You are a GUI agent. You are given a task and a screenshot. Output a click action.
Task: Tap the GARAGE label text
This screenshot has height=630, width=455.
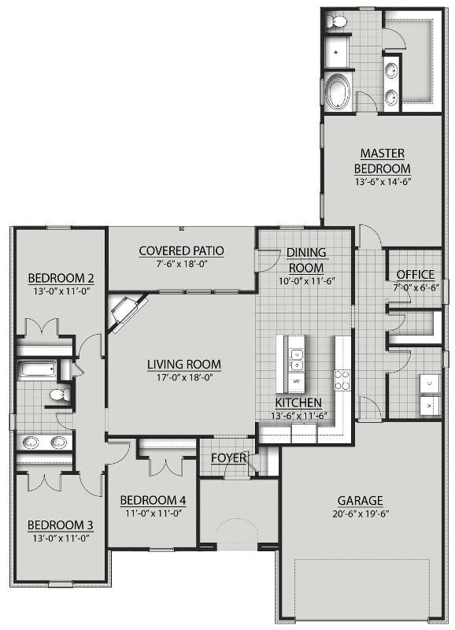(x=361, y=500)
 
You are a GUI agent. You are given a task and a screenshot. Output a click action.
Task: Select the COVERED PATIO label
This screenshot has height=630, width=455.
(x=181, y=251)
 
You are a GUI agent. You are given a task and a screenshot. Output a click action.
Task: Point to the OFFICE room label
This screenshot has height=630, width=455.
(x=415, y=274)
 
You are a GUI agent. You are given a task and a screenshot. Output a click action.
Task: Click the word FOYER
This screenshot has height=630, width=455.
(x=228, y=458)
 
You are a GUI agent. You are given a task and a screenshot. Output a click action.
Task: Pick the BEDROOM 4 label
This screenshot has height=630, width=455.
(x=152, y=500)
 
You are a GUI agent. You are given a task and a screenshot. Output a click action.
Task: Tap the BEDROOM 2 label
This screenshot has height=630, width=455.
(x=61, y=277)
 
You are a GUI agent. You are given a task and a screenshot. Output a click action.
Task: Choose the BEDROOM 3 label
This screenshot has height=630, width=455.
(x=61, y=525)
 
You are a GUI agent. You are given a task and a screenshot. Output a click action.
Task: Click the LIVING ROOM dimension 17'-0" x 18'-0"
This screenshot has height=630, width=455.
(x=183, y=378)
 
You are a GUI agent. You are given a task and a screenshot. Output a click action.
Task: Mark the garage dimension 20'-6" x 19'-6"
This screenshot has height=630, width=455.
(x=361, y=513)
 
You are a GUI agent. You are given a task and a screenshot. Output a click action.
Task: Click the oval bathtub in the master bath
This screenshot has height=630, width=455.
(x=339, y=91)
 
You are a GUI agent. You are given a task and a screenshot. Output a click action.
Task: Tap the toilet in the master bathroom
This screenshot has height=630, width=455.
(x=336, y=21)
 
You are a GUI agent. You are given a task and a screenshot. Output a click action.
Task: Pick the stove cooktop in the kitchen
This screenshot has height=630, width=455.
(x=342, y=380)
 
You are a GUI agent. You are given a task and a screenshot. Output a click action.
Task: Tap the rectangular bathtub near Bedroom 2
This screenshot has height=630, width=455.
(x=37, y=369)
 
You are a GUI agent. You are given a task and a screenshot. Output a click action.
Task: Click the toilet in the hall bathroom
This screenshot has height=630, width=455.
(x=57, y=393)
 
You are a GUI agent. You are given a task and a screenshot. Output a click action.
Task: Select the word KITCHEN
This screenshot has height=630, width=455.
(x=298, y=402)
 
